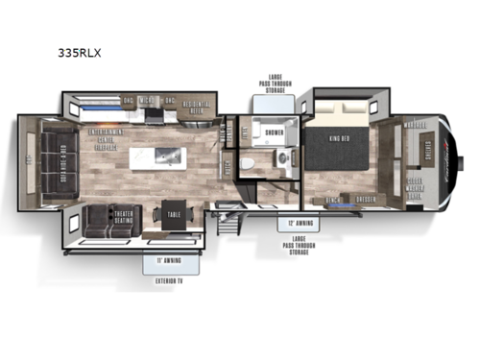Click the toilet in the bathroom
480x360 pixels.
[x=248, y=163]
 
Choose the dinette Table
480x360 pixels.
[x=175, y=215]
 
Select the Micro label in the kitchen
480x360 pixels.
[x=147, y=100]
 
